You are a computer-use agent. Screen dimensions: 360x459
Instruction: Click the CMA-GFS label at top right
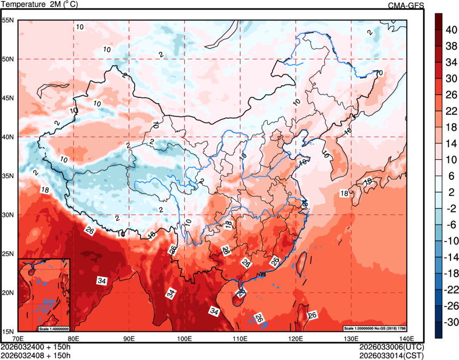(x=406, y=5)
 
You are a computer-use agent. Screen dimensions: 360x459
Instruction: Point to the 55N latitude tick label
(x=9, y=20)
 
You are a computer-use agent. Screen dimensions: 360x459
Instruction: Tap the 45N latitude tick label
(x=9, y=98)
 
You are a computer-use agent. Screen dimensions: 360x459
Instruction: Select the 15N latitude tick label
(x=9, y=332)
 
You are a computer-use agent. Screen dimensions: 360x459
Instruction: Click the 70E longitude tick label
(x=18, y=338)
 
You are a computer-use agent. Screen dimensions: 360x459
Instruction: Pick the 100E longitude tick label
(x=185, y=338)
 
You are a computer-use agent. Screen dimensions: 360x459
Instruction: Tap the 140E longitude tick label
(x=407, y=338)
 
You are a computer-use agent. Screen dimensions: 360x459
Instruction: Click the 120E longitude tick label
(x=296, y=338)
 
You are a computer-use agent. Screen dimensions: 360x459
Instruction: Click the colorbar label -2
(x=451, y=209)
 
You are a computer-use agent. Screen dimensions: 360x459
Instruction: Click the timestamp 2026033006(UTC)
(x=392, y=347)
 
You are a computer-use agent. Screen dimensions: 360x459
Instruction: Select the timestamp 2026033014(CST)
(x=392, y=354)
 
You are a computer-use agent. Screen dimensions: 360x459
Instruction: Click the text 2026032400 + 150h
(x=35, y=347)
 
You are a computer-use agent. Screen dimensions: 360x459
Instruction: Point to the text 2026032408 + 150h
(x=35, y=354)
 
